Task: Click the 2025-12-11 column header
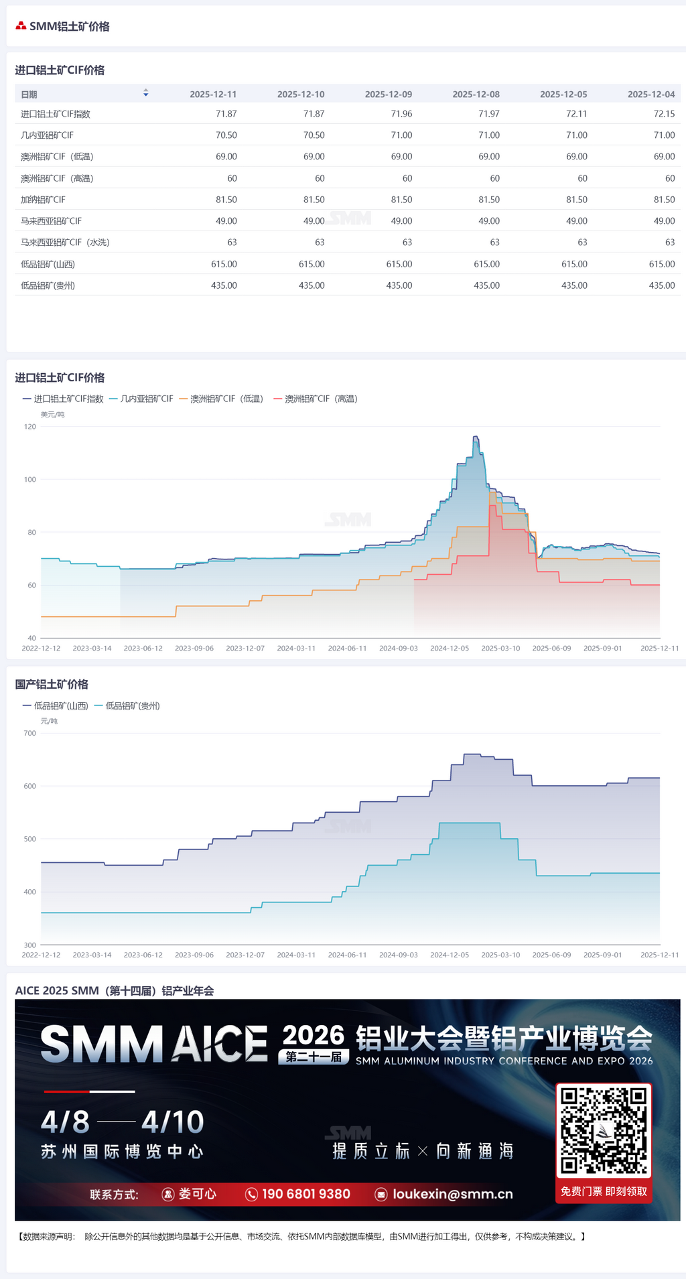213,94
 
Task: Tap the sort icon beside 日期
145,94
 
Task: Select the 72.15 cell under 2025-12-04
664,114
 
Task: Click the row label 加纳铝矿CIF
43,200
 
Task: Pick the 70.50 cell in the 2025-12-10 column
314,135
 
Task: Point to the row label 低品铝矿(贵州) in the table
48,285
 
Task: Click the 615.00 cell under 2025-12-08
486,264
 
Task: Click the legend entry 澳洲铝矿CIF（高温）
321,399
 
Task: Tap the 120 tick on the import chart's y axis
30,427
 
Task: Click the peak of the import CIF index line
475,437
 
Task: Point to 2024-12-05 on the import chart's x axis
450,649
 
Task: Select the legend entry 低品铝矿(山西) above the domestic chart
61,705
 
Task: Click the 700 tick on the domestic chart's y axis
30,734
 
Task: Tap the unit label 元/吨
49,722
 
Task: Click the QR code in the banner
604,1130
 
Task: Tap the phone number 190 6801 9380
305,1194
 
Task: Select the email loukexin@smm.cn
452,1194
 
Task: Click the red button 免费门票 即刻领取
604,1191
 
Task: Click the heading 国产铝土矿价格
52,684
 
